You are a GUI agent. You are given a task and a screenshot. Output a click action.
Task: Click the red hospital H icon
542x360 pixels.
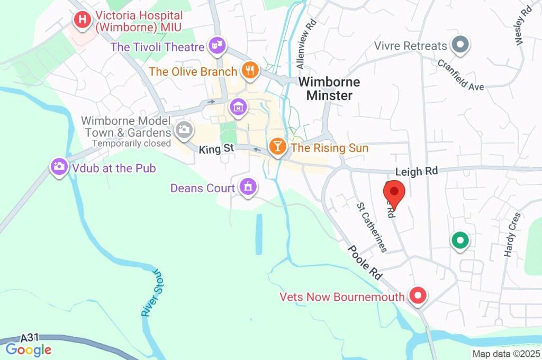(82, 21)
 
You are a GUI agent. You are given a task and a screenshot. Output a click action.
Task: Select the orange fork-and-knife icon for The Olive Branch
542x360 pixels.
(249, 69)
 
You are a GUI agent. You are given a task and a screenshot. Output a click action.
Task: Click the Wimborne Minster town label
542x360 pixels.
(329, 89)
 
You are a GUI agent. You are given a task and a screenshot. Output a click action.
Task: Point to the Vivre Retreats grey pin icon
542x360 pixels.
(460, 44)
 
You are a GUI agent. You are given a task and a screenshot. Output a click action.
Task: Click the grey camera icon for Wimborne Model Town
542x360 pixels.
(184, 129)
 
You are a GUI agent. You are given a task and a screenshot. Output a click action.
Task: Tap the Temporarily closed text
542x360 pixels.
(132, 143)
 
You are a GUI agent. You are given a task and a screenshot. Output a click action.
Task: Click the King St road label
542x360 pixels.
(216, 150)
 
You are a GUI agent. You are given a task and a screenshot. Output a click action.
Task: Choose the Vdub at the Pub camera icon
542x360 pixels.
(58, 167)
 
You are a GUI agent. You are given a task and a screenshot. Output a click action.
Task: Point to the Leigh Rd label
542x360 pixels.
(417, 171)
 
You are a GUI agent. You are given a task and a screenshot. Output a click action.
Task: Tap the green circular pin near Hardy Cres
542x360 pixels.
(459, 241)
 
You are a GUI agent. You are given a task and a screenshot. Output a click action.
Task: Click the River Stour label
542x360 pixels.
(151, 293)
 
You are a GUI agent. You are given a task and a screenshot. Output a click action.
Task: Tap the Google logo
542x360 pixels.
(28, 349)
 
